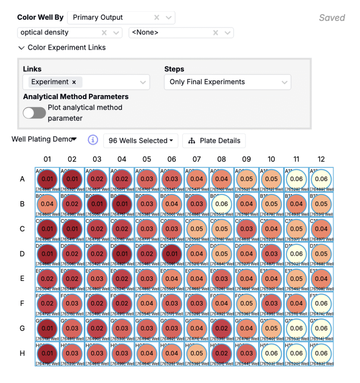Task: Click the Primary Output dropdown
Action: [x=112, y=18]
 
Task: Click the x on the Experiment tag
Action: [x=74, y=82]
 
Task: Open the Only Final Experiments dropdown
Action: [x=227, y=82]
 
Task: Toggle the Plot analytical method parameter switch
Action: [x=34, y=113]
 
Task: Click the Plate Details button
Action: [x=214, y=141]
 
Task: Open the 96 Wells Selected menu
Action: [x=140, y=141]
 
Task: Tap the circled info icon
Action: [x=93, y=140]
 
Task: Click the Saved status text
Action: [x=332, y=18]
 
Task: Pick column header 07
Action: [x=196, y=159]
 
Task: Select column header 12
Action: [x=321, y=159]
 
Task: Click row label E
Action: [x=22, y=279]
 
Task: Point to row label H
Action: [x=22, y=353]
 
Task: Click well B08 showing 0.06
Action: [x=222, y=204]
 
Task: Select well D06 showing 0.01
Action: [x=172, y=254]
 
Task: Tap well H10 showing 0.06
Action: [x=271, y=353]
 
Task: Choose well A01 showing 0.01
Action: [x=47, y=179]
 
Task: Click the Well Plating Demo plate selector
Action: [x=44, y=139]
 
